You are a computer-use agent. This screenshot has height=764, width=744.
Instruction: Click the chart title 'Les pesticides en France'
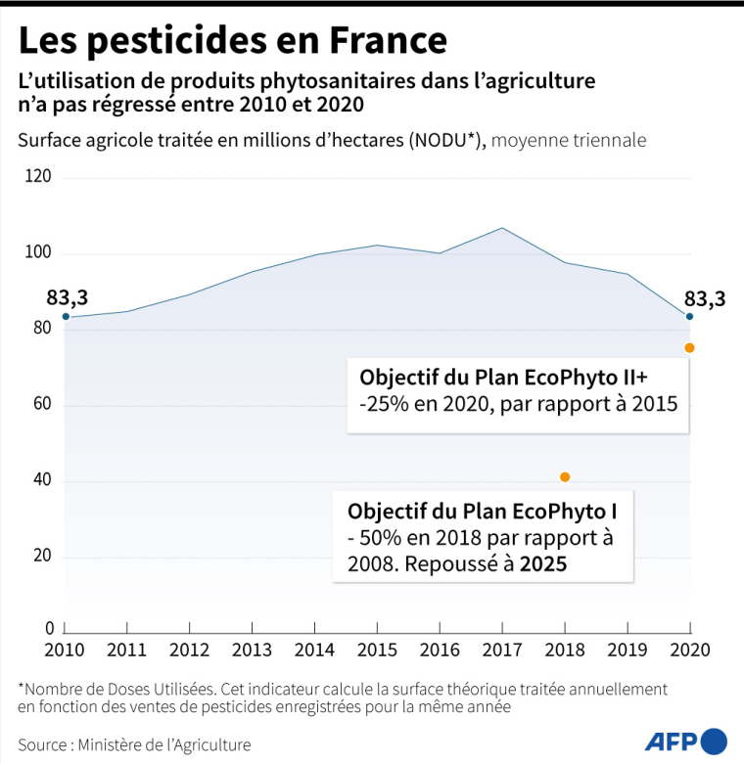click(232, 40)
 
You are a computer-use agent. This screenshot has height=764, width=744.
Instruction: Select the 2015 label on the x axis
click(378, 649)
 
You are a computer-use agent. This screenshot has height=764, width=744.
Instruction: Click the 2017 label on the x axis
click(502, 649)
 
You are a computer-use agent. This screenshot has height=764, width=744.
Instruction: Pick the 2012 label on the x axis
click(190, 649)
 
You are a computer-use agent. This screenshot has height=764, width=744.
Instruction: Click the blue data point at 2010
click(66, 316)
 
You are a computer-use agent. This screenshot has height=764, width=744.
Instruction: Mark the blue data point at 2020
click(689, 316)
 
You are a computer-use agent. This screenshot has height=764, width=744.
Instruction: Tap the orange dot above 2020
click(689, 348)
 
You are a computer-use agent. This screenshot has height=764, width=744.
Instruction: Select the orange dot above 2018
click(565, 477)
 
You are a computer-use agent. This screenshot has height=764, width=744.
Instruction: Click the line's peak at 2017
click(502, 228)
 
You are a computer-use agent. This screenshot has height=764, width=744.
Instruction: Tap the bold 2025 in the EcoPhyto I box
click(543, 564)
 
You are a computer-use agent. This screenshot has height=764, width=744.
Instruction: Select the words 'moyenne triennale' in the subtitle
click(569, 140)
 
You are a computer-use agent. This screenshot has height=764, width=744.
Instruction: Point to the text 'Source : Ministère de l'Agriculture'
click(134, 744)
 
